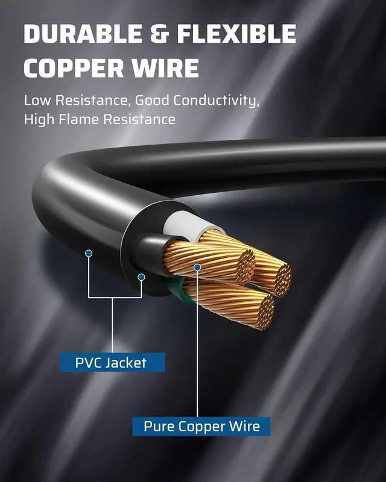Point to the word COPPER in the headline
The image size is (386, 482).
tap(77, 68)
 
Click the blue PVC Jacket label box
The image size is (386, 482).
tap(112, 363)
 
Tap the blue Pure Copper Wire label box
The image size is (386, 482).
tap(201, 427)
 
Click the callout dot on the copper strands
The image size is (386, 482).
tap(197, 266)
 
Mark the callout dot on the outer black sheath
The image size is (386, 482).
tap(89, 254)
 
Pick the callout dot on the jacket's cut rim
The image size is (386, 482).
tap(141, 277)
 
